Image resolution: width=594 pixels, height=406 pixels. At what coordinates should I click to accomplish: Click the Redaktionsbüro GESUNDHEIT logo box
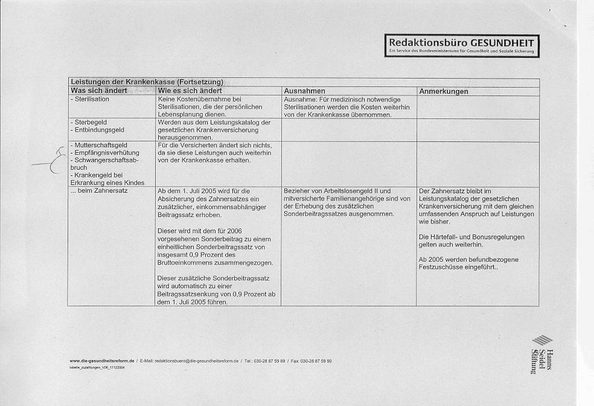coord(462,45)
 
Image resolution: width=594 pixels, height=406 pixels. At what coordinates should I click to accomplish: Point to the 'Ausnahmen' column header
coord(304,91)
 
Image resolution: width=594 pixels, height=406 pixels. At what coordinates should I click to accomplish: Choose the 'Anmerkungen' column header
coord(443,91)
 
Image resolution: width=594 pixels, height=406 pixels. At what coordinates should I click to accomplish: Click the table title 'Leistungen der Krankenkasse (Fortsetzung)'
coord(147,82)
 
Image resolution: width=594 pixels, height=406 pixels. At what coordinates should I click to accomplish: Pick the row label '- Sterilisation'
coord(90,98)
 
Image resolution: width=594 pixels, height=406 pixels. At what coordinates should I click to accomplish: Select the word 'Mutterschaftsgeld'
coord(101,145)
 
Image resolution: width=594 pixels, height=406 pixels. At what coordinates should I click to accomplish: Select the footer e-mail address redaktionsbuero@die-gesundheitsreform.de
coord(196,361)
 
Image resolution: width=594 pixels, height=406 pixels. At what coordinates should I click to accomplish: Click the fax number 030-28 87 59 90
coord(316,361)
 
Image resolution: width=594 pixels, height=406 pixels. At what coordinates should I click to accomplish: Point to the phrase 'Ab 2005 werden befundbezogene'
coord(468,260)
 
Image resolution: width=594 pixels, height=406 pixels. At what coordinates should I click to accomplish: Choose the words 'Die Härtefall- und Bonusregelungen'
coord(471,237)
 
